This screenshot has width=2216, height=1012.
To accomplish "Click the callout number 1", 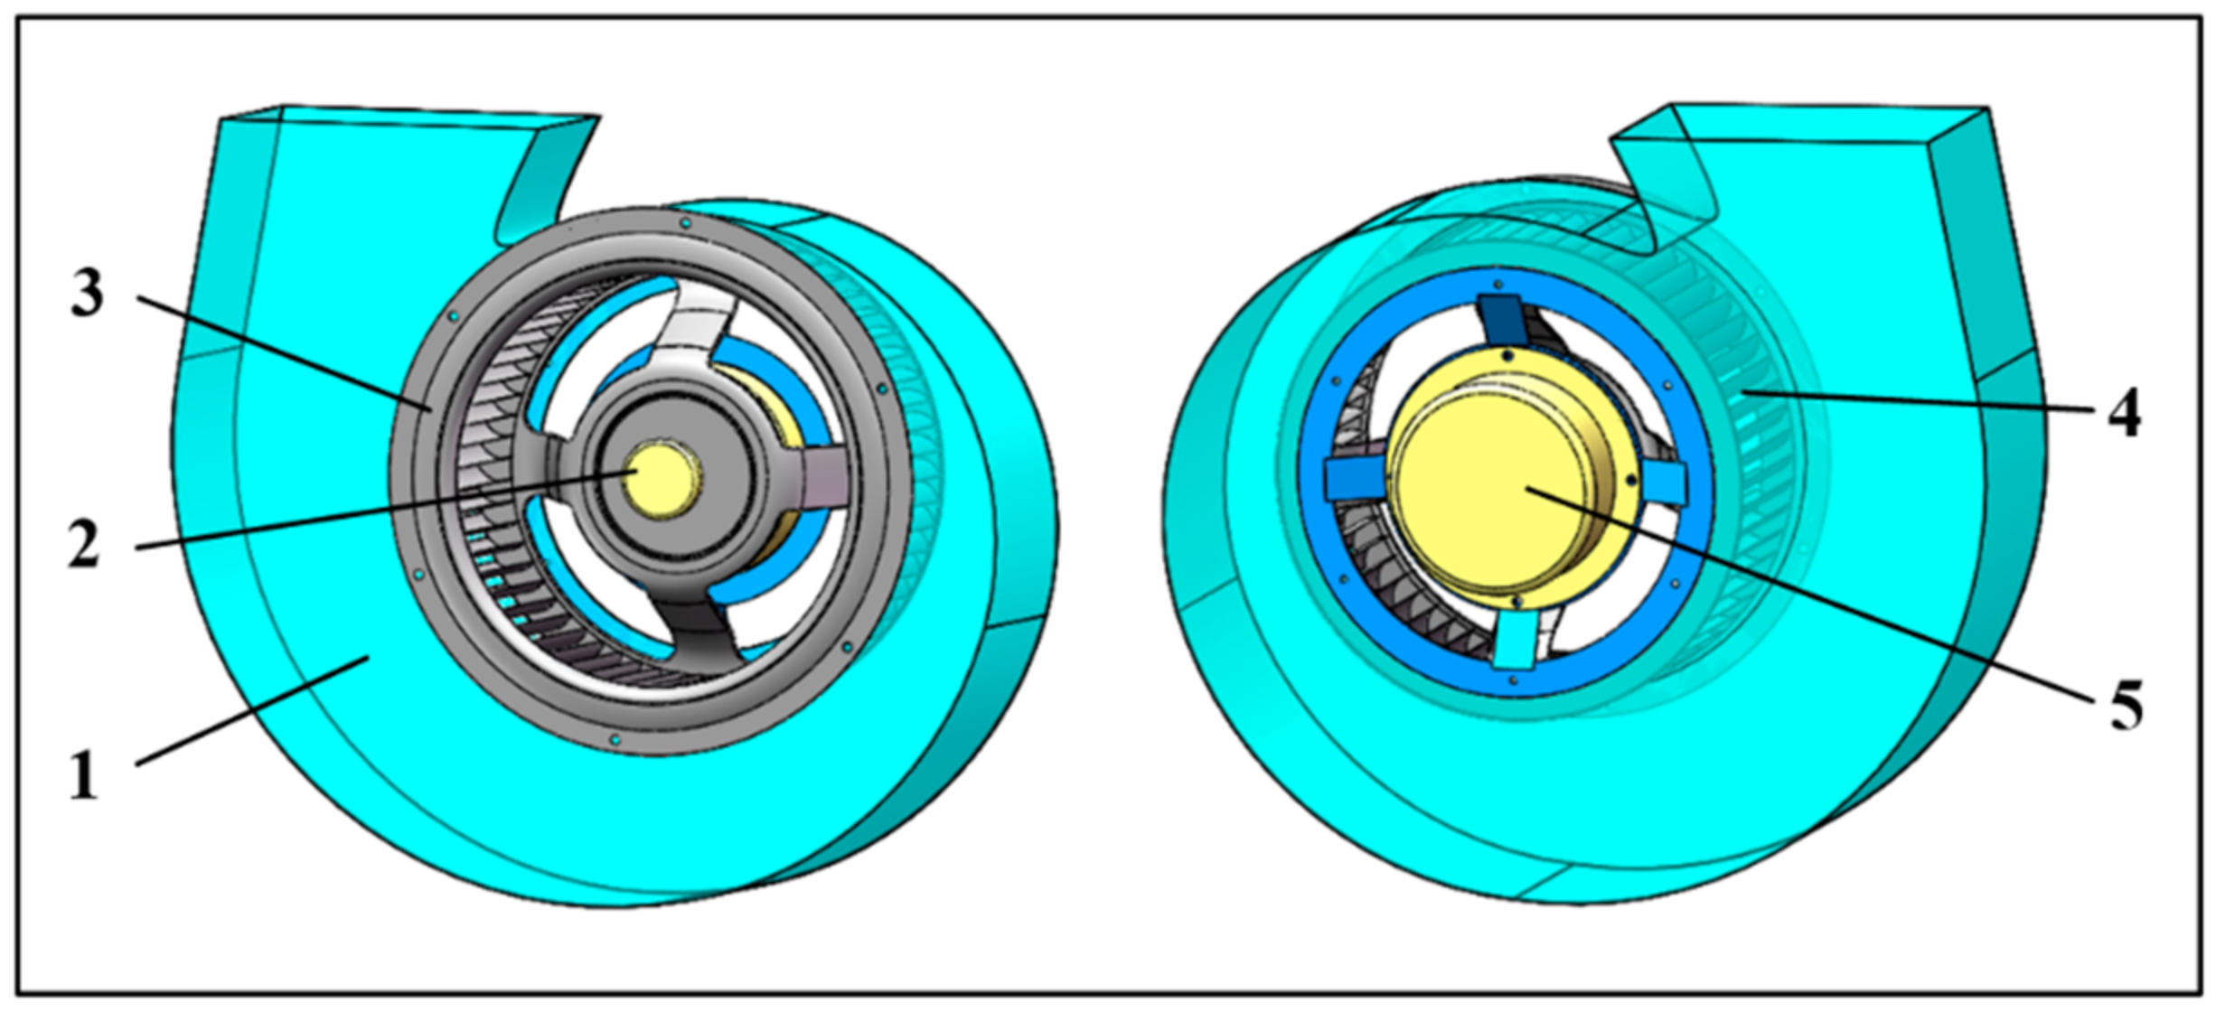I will [x=84, y=778].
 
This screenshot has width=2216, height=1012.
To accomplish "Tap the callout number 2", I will [x=84, y=547].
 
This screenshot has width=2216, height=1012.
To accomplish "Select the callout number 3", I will [x=88, y=295].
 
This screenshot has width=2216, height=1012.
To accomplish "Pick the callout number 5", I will [x=2126, y=706].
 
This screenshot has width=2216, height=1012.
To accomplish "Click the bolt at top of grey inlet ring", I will [x=685, y=222].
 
